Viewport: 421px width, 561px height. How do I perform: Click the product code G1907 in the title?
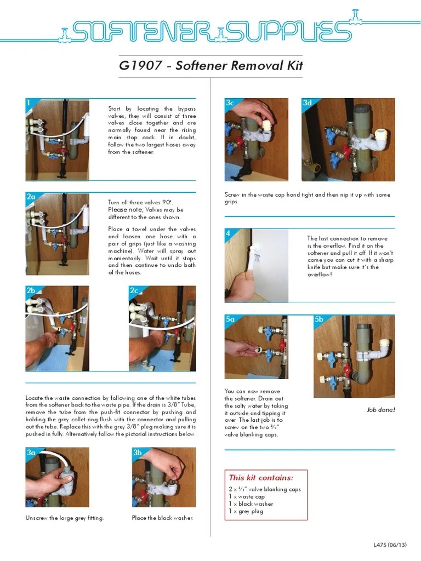(x=140, y=66)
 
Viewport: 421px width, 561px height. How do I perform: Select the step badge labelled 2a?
(x=31, y=197)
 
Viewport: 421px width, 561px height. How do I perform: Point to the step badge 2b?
(x=31, y=290)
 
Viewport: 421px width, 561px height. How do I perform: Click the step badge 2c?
(x=134, y=290)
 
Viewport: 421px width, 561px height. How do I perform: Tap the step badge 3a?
(x=31, y=453)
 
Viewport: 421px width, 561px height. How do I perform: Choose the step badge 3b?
(x=137, y=453)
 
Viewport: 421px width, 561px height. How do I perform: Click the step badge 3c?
(x=230, y=103)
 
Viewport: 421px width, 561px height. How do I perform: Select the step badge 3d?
(x=307, y=103)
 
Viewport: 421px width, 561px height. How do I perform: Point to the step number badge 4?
(x=228, y=233)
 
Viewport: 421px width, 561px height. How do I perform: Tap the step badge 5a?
(x=230, y=319)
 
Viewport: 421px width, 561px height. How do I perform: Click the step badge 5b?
(x=319, y=319)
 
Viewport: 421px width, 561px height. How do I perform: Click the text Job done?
(x=380, y=410)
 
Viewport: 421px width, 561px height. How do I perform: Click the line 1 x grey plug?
(x=246, y=511)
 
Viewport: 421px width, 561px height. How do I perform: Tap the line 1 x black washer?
(x=251, y=504)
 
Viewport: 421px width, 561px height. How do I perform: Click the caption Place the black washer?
(x=162, y=518)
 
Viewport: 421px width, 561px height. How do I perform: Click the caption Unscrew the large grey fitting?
(x=64, y=518)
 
